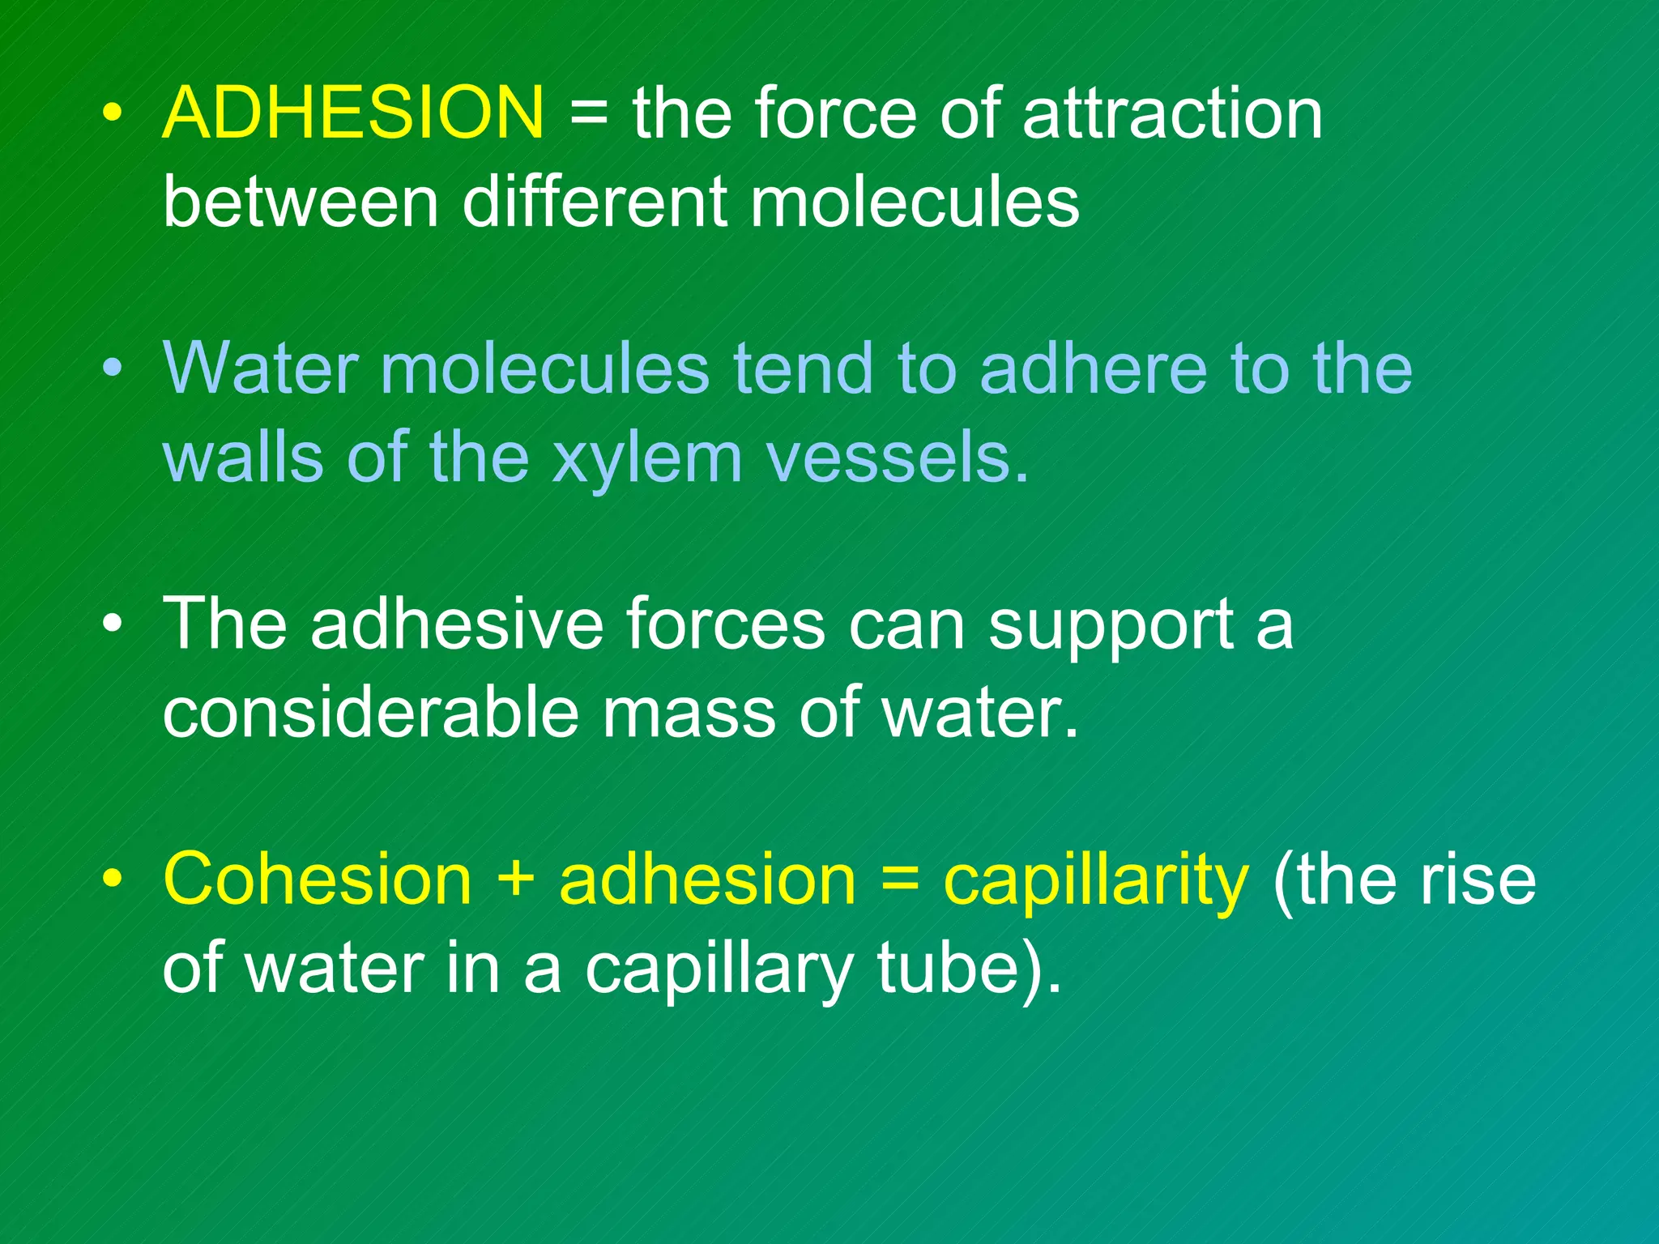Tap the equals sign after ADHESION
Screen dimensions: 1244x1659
(x=588, y=114)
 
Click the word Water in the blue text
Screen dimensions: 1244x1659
(x=260, y=369)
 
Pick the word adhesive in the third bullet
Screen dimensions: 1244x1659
(x=456, y=624)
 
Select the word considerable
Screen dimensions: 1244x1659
(x=370, y=713)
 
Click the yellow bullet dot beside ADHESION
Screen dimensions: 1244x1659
(x=113, y=114)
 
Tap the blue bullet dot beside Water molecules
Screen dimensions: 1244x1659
(x=113, y=370)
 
